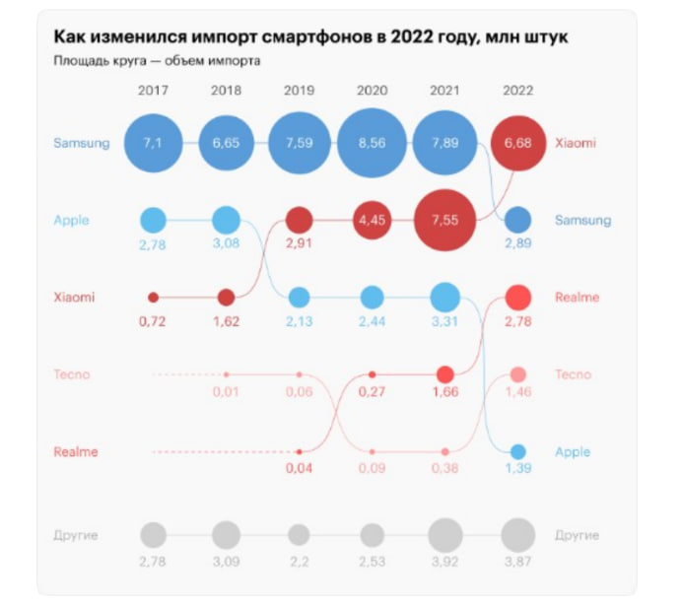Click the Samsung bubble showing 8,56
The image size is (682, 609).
[372, 143]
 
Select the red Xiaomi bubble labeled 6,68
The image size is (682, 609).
[517, 144]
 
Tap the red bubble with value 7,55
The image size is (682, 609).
[444, 220]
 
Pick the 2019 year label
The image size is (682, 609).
[299, 91]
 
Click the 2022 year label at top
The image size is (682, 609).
[517, 91]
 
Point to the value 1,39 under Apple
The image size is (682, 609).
[517, 468]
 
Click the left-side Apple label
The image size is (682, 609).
[71, 220]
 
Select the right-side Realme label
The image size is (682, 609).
[577, 297]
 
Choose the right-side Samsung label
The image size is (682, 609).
[582, 220]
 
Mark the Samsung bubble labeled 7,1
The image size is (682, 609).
[153, 143]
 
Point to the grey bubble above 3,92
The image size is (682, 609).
[444, 535]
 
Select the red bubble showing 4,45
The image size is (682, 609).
[372, 220]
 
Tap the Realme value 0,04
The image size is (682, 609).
[299, 468]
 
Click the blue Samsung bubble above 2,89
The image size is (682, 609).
[517, 220]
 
